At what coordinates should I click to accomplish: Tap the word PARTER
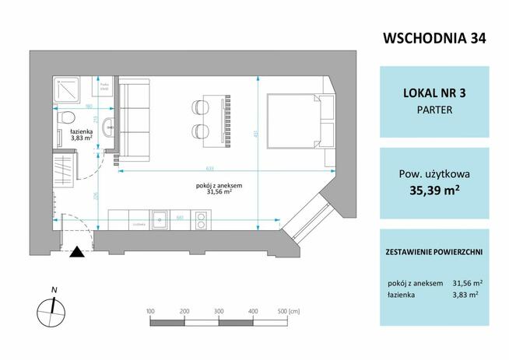435,110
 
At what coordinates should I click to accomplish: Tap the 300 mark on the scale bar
218,309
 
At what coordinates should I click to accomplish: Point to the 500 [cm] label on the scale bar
288,309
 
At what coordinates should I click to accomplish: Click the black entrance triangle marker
76,250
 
